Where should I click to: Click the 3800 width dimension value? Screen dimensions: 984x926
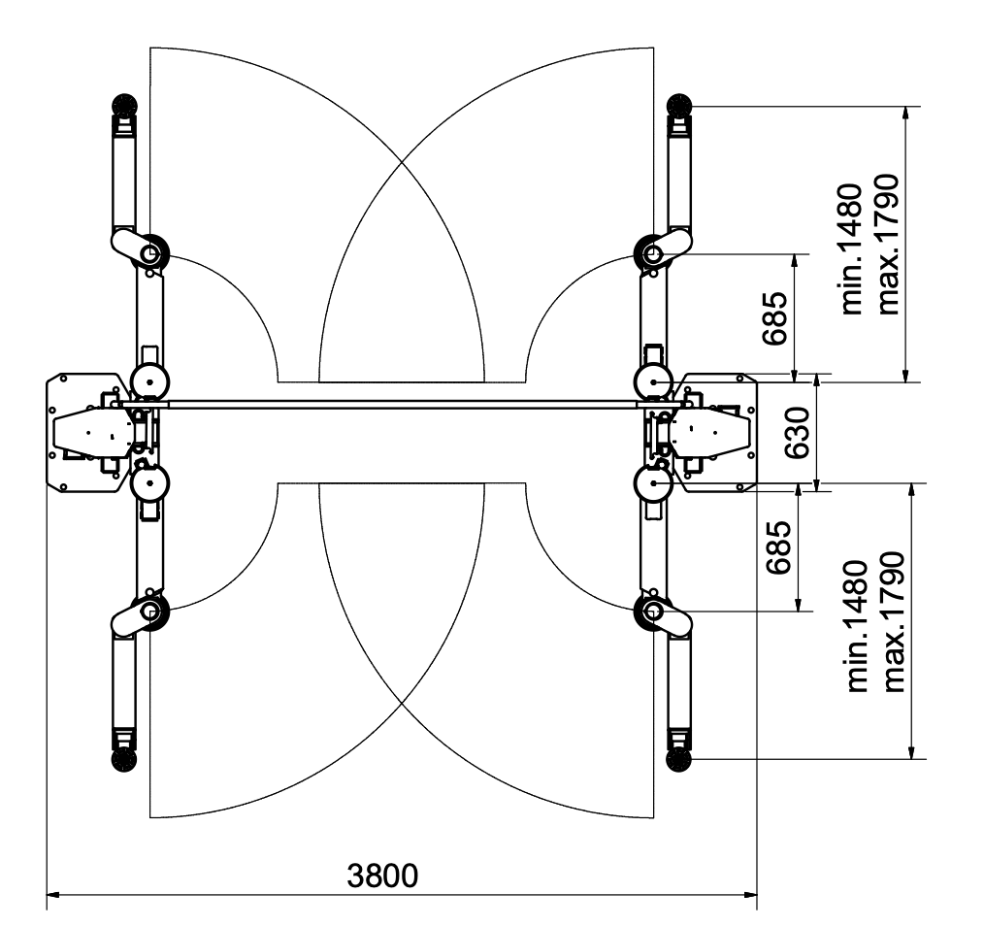click(382, 876)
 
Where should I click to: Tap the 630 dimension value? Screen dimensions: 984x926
click(798, 433)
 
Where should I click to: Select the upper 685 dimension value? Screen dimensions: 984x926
click(774, 318)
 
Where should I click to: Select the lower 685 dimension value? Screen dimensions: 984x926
click(778, 546)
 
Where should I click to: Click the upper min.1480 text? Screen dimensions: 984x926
click(852, 248)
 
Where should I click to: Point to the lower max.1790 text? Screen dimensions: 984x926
click(894, 622)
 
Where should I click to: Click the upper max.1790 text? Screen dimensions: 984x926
click(888, 245)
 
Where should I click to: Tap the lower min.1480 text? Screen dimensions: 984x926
click(857, 626)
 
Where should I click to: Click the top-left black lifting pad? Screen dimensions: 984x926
click(123, 105)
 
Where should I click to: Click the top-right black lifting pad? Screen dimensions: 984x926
click(678, 105)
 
